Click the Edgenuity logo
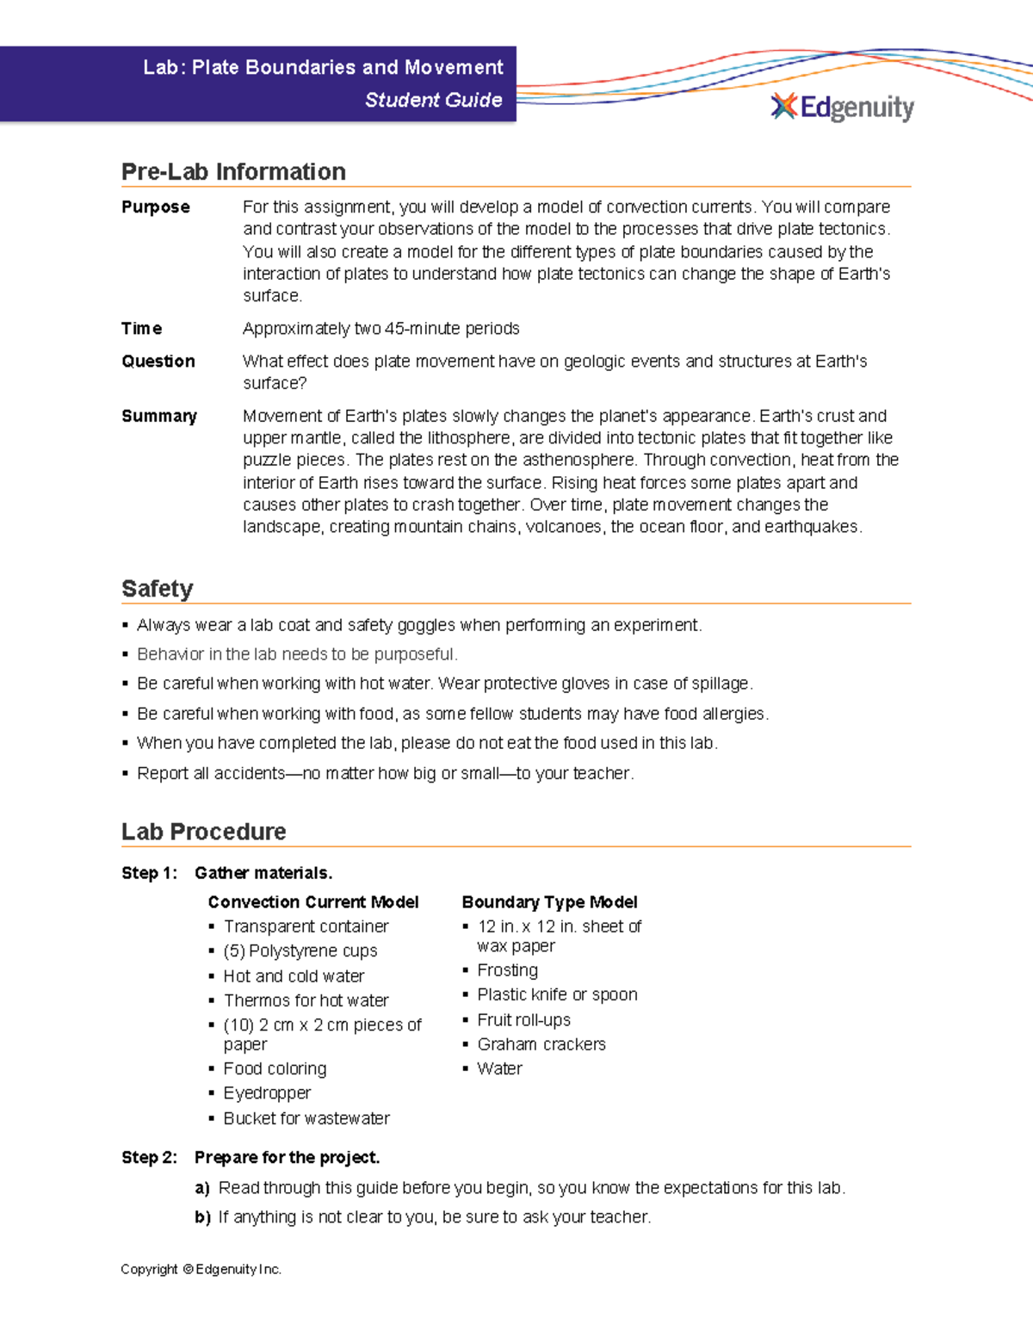pyautogui.click(x=842, y=108)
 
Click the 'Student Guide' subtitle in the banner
pyautogui.click(x=433, y=100)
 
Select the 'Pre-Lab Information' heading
pyautogui.click(x=233, y=171)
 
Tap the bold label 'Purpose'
pyautogui.click(x=155, y=207)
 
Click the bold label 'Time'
pyautogui.click(x=141, y=329)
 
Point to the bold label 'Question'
pyautogui.click(x=158, y=362)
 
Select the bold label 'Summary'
pyautogui.click(x=158, y=417)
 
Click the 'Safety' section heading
pyautogui.click(x=157, y=589)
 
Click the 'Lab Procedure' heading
pyautogui.click(x=203, y=832)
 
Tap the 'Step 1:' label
pyautogui.click(x=149, y=873)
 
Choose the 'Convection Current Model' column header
pyautogui.click(x=312, y=902)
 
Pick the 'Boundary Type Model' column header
pyautogui.click(x=549, y=902)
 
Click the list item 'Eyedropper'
pyautogui.click(x=267, y=1093)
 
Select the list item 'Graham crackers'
pyautogui.click(x=541, y=1044)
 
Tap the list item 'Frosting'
pyautogui.click(x=507, y=970)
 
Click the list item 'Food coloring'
pyautogui.click(x=275, y=1069)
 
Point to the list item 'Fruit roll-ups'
pyautogui.click(x=523, y=1020)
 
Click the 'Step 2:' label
pyautogui.click(x=149, y=1158)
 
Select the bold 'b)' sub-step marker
pyautogui.click(x=202, y=1217)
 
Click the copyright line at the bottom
pyautogui.click(x=201, y=1270)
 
